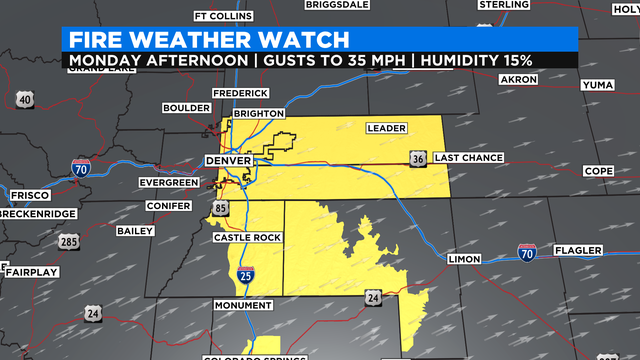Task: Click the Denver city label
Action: [x=226, y=160]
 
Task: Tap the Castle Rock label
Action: [x=247, y=237]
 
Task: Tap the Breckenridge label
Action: [x=37, y=214]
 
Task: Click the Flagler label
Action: [x=579, y=249]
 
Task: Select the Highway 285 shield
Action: [x=69, y=242]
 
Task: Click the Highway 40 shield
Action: [x=25, y=98]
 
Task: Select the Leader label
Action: [x=385, y=128]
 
